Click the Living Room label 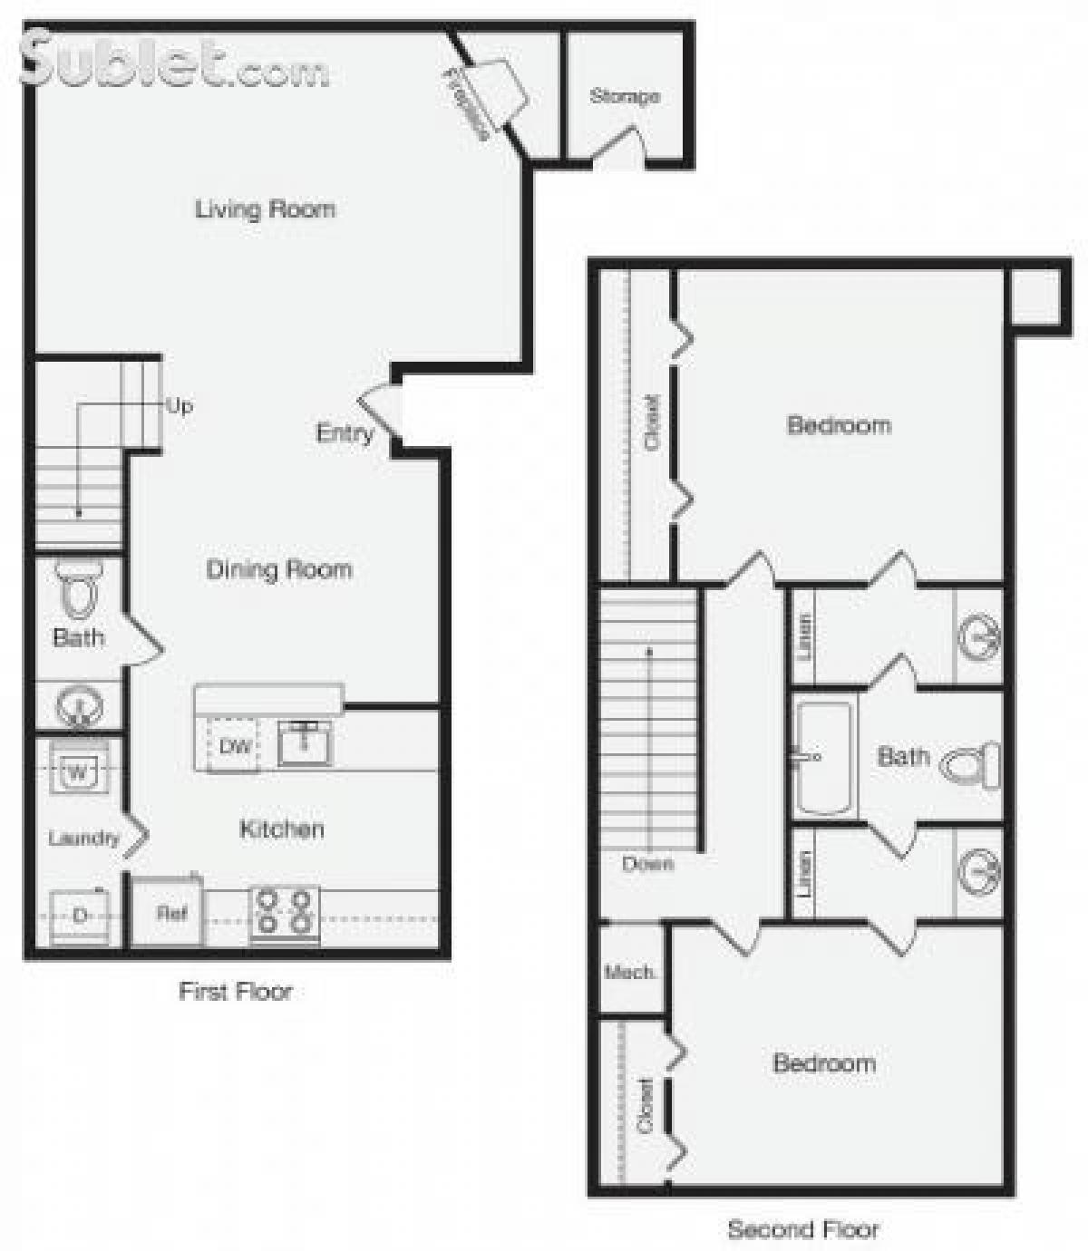point(265,209)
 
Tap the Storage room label point(624,96)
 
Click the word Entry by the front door point(345,433)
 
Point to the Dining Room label point(279,570)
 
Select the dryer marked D point(80,916)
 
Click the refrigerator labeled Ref point(170,913)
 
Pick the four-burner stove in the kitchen point(284,912)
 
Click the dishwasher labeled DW point(235,747)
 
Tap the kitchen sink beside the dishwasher point(305,743)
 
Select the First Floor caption point(235,991)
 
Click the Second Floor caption point(803,1229)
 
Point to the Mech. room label point(630,973)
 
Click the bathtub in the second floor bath point(823,758)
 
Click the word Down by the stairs point(647,864)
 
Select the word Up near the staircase point(180,405)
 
